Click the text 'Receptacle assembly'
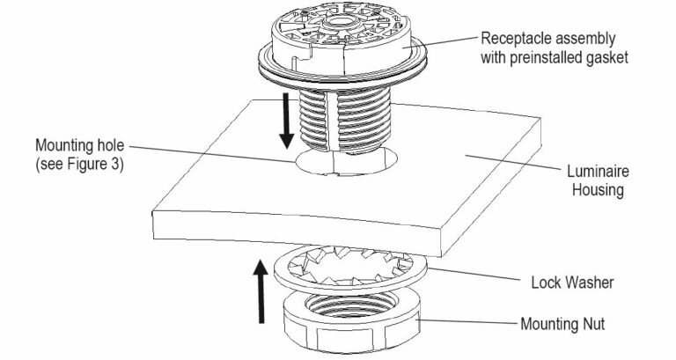pyautogui.click(x=547, y=39)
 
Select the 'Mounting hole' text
pyautogui.click(x=77, y=143)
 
